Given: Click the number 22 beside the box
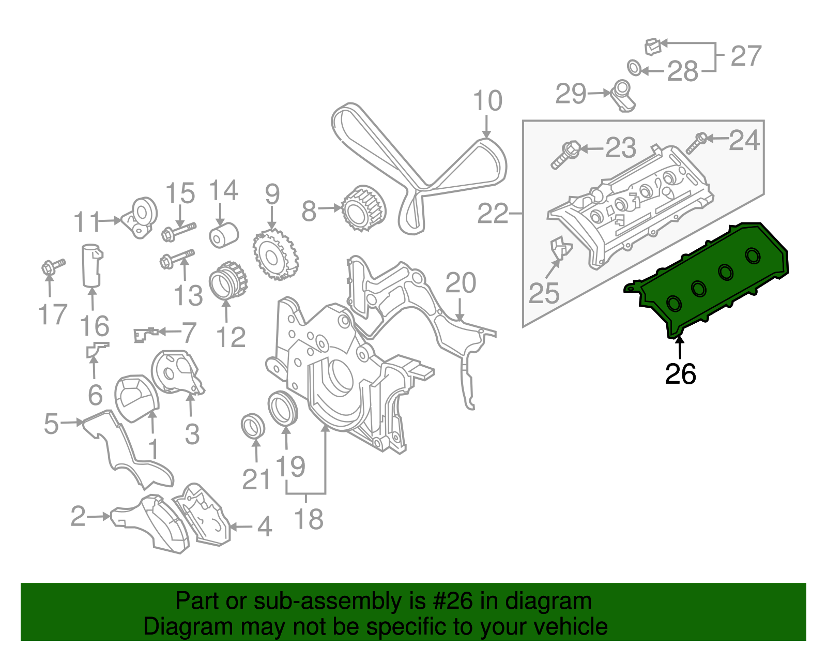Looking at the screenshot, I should (493, 213).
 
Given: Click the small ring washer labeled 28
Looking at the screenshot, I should (634, 67).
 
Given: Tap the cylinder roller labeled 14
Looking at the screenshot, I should (223, 235).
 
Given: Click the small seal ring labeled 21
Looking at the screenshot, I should (253, 425).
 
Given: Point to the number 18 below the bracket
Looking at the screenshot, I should (309, 519).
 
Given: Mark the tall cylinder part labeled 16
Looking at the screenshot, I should (91, 265).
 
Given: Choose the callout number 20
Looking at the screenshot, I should (461, 283).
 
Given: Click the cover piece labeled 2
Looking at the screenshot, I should (150, 522).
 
